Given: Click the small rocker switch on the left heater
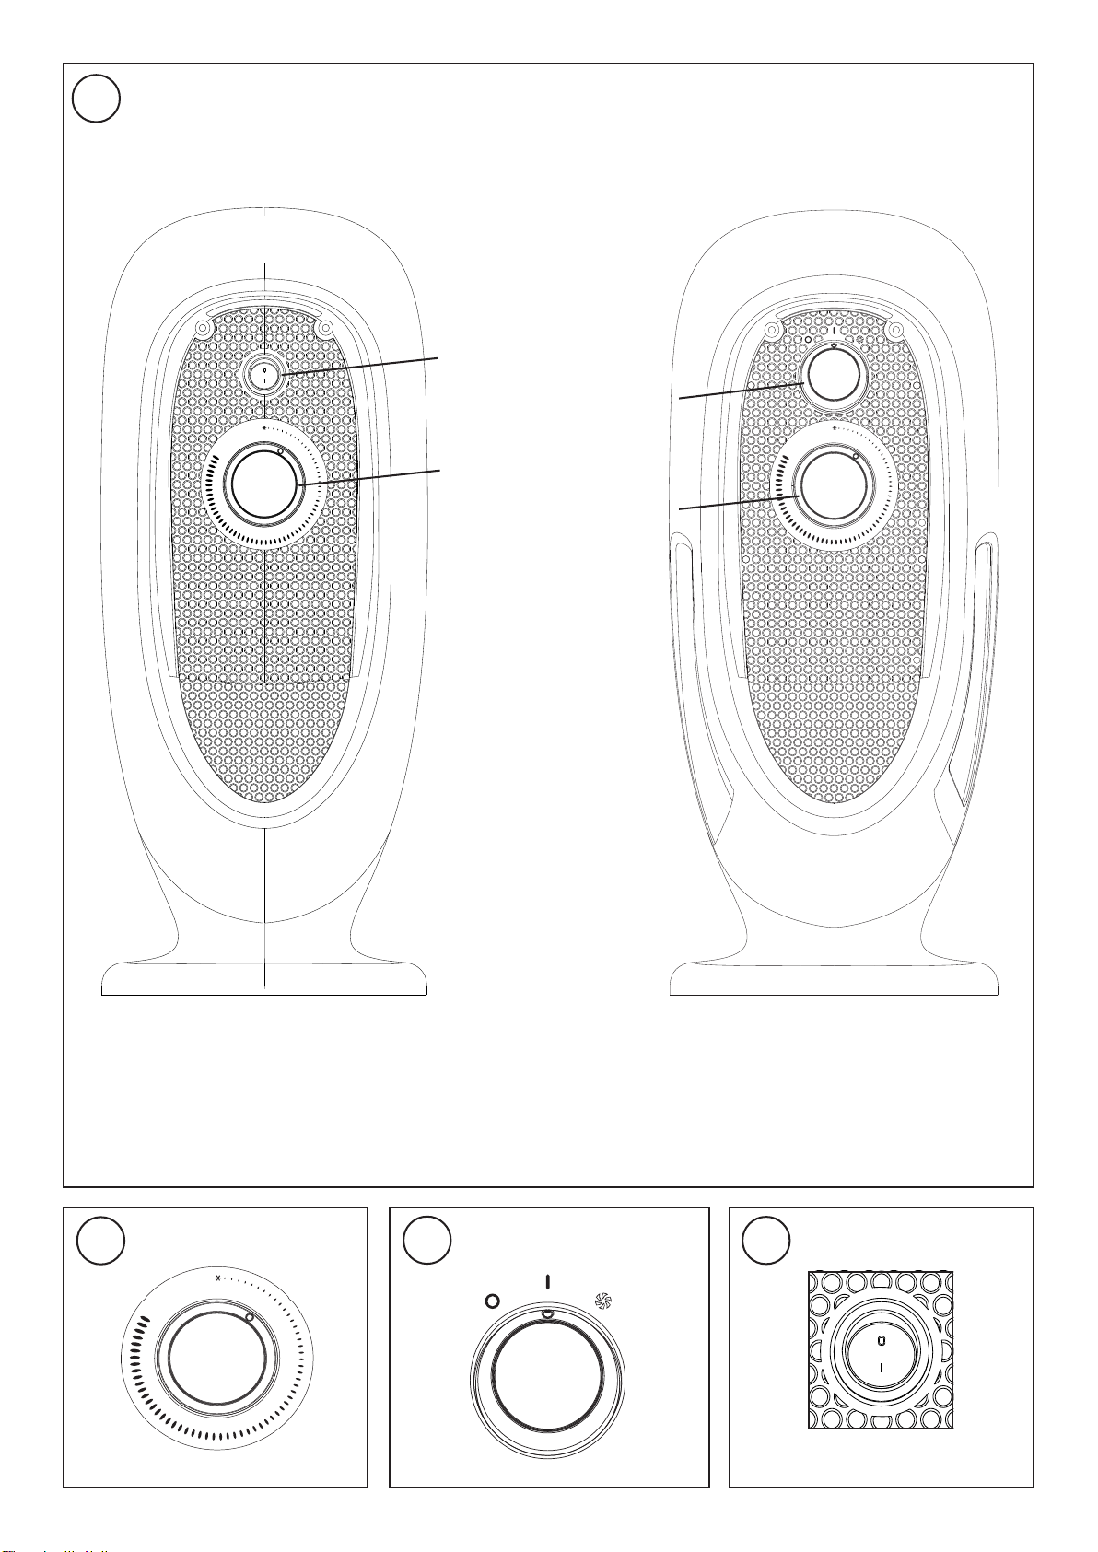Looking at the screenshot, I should [264, 376].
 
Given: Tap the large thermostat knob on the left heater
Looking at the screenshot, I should [264, 484].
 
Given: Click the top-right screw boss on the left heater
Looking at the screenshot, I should [324, 327].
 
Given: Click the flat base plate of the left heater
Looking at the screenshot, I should [263, 991].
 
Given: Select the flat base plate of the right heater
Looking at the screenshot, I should [834, 991].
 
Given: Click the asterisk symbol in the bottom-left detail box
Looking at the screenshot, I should [218, 1278].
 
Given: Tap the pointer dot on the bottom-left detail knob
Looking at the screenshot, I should [250, 1318].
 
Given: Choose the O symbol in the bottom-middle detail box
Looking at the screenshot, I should [492, 1301].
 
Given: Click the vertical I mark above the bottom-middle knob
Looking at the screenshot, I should [547, 1281].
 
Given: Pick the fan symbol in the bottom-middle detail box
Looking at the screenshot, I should [603, 1301].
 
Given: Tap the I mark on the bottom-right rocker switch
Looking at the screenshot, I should [881, 1368].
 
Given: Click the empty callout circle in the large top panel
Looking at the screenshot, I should [96, 98].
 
